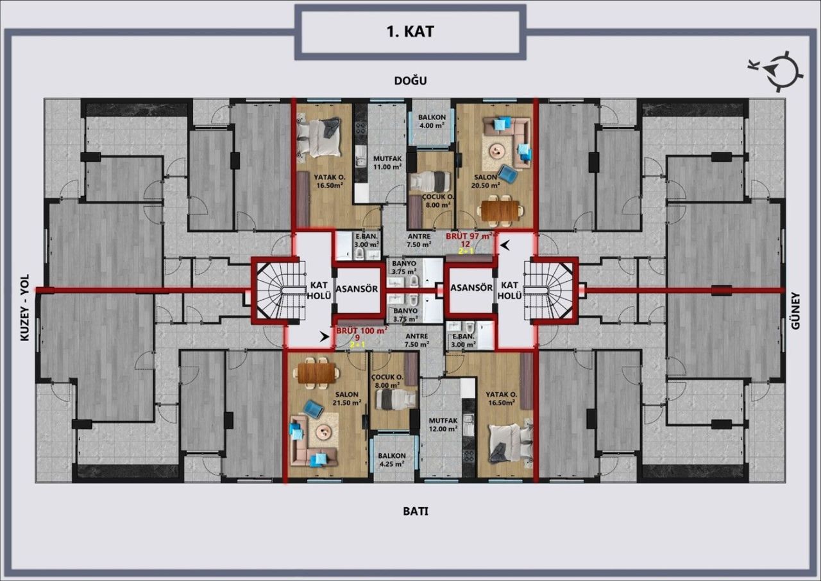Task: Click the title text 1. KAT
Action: [410, 31]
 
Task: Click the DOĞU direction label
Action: [410, 80]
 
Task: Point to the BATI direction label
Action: [415, 512]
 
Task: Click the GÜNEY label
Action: [796, 311]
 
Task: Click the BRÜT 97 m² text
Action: [470, 236]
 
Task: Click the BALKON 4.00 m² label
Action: [432, 121]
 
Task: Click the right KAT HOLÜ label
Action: [510, 290]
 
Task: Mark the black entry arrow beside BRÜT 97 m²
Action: [506, 245]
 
